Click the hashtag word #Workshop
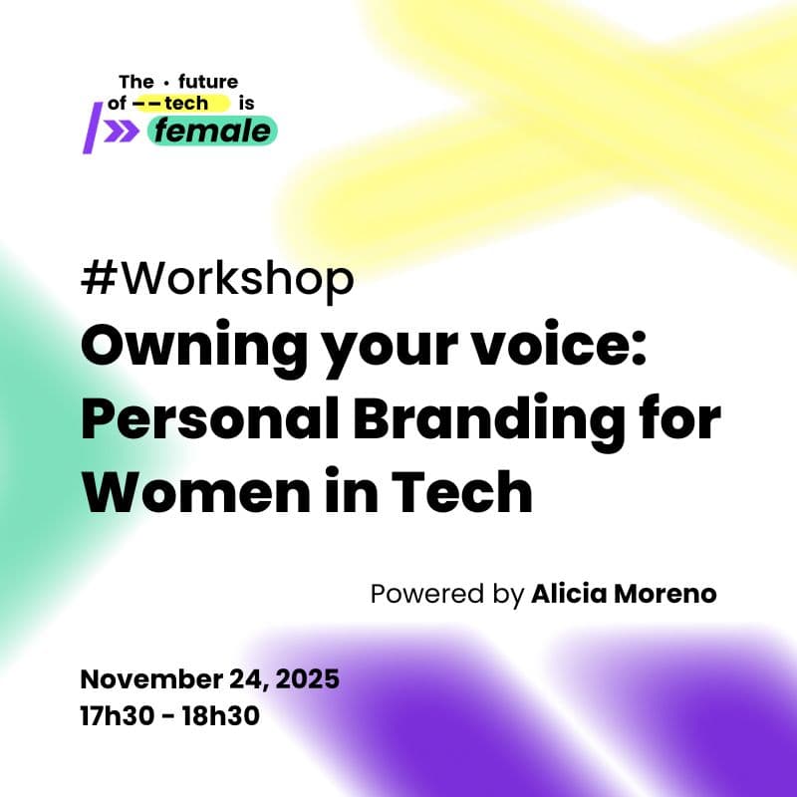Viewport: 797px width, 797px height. pyautogui.click(x=217, y=281)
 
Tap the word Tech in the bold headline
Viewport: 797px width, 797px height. pyautogui.click(x=466, y=492)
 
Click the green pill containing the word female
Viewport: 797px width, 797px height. pyautogui.click(x=212, y=131)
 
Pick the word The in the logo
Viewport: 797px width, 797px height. pyautogui.click(x=134, y=82)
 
